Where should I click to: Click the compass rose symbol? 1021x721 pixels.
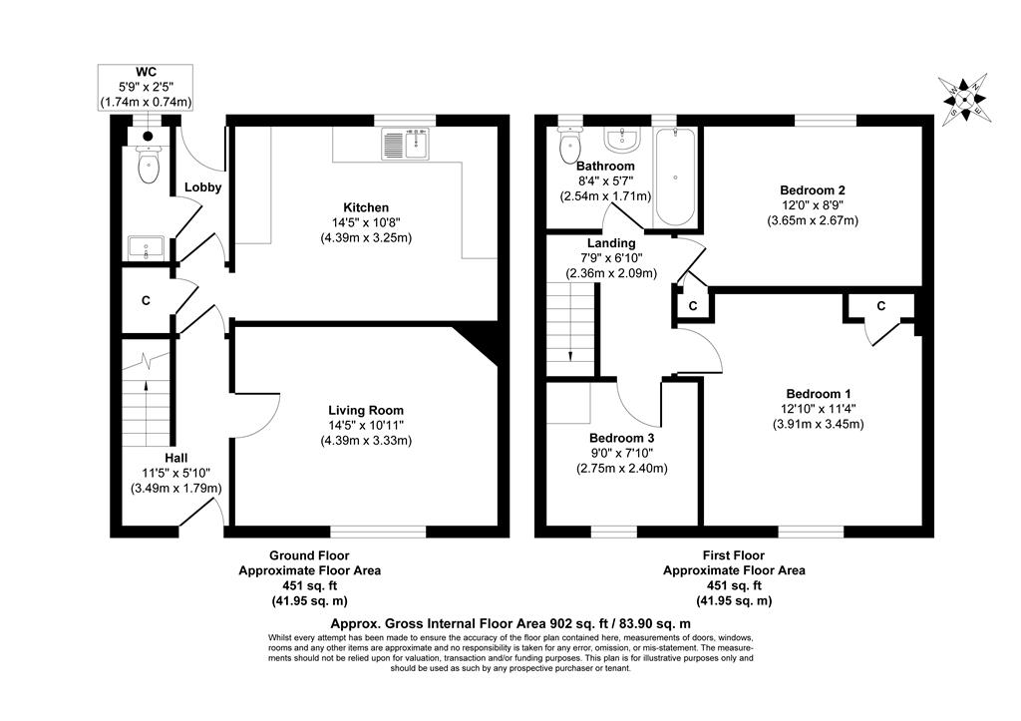[x=963, y=100]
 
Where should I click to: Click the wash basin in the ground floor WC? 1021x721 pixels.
[x=148, y=246]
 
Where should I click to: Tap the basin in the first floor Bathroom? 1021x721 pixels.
[x=623, y=137]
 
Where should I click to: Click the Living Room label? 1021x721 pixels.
[x=367, y=410]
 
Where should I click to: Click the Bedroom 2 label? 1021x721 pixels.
[x=813, y=190]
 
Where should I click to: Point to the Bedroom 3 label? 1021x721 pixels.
[x=621, y=438]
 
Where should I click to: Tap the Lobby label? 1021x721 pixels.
[x=202, y=187]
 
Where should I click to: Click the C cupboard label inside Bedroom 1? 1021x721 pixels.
[x=881, y=306]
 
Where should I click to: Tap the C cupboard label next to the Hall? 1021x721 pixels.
[x=146, y=300]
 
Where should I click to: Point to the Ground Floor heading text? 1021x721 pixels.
[x=309, y=555]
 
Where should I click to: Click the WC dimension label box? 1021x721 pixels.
[x=146, y=88]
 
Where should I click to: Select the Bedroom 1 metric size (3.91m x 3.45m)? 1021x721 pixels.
[x=818, y=424]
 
